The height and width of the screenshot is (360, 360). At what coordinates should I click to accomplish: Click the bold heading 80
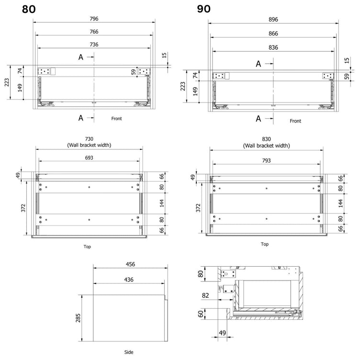[x=29, y=9]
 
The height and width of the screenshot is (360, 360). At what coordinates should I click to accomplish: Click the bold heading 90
[x=203, y=9]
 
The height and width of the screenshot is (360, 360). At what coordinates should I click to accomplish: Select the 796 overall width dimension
[x=94, y=19]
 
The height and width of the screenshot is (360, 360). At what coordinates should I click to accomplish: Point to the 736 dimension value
[x=94, y=45]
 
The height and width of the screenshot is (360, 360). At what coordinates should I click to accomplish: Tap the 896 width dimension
[x=273, y=20]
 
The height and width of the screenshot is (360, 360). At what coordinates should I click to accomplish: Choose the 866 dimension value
[x=273, y=34]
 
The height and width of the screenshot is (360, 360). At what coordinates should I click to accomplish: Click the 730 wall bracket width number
[x=89, y=139]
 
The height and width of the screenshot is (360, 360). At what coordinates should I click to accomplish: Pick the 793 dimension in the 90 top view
[x=266, y=160]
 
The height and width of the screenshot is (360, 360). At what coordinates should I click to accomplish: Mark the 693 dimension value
[x=89, y=157]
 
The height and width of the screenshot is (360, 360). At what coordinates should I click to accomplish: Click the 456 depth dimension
[x=130, y=264]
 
